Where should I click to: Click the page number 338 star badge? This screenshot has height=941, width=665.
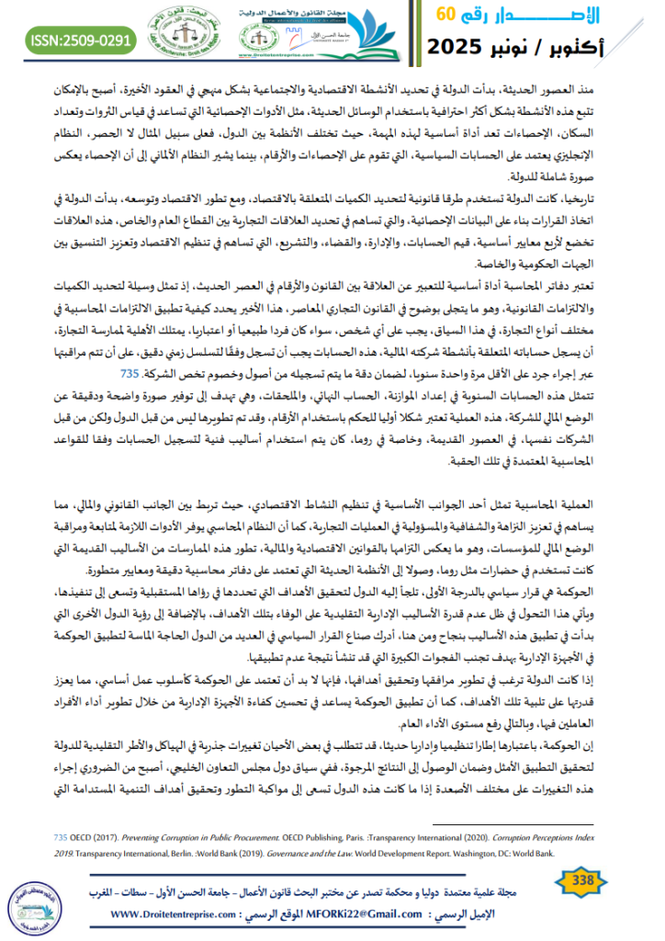[583, 881]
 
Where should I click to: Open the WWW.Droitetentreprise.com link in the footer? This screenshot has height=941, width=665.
[176, 915]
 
